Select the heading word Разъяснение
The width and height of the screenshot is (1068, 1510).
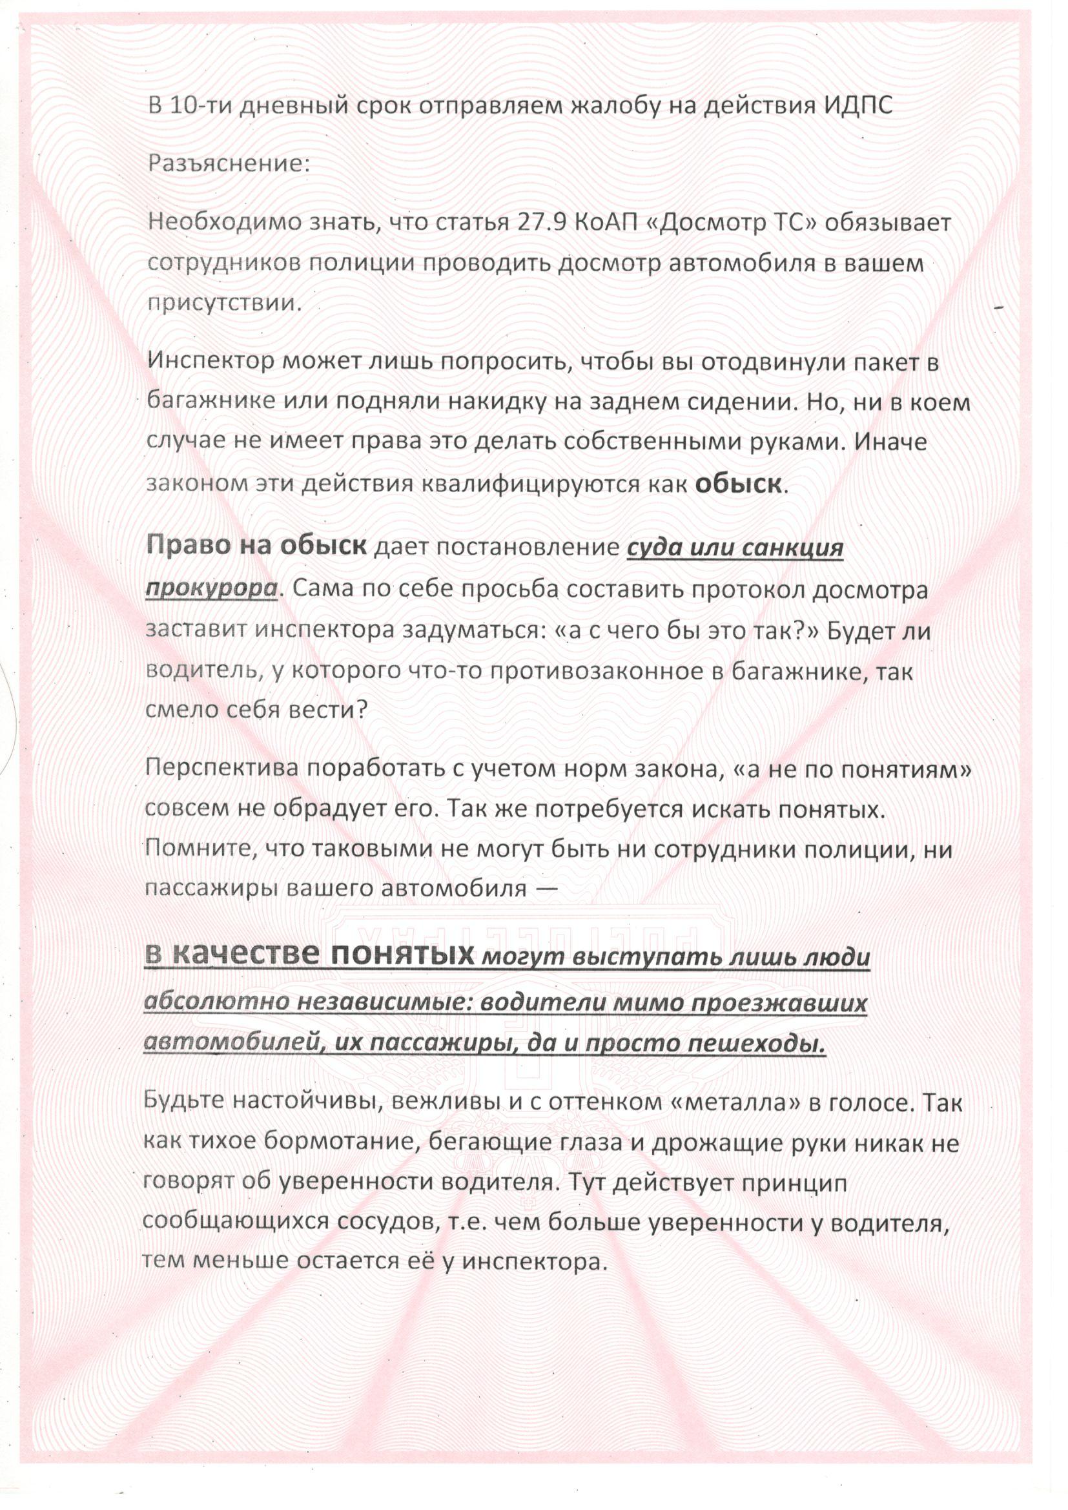228,164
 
